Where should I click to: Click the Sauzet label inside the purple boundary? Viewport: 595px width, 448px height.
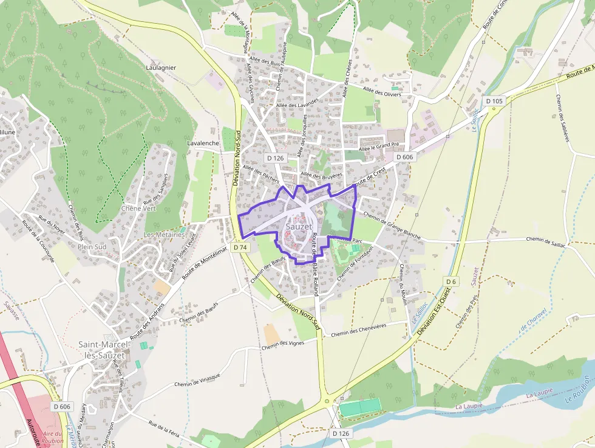tap(299, 227)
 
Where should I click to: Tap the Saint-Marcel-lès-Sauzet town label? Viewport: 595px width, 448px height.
tap(102, 350)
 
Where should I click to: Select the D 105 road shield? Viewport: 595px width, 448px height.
tap(495, 101)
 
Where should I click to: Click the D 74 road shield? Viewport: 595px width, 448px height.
tap(240, 247)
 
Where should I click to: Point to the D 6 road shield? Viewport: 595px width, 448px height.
tap(450, 282)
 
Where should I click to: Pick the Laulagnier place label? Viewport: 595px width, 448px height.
tap(161, 67)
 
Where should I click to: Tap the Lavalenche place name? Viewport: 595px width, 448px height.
tap(203, 143)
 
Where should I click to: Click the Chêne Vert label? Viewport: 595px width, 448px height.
tap(139, 208)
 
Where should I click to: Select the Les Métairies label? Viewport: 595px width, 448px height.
tap(164, 235)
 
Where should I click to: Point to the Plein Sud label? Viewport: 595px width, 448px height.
tap(92, 247)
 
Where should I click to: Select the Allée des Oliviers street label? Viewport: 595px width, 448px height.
tap(382, 92)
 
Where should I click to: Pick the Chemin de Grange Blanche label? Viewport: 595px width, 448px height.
tap(392, 225)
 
